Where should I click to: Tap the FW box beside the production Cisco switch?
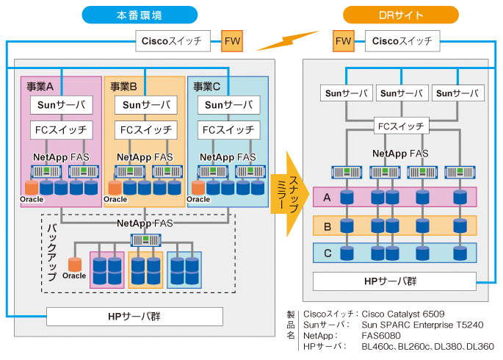click(232, 41)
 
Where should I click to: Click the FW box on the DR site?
click(343, 41)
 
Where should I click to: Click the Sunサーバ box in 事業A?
click(62, 105)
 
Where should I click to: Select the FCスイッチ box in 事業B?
click(145, 131)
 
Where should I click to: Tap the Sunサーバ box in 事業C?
click(228, 105)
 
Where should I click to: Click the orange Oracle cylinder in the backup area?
click(74, 264)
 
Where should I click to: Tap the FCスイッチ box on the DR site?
click(401, 126)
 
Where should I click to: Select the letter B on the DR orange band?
click(328, 226)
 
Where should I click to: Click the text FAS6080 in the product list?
click(381, 335)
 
